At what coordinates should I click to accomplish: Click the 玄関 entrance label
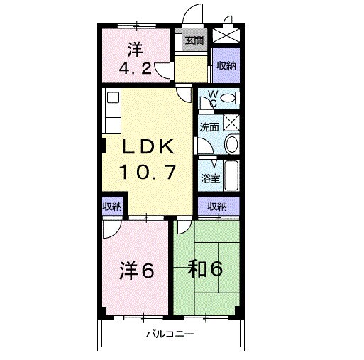[x=194, y=40]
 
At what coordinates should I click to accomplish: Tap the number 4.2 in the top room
[x=135, y=70]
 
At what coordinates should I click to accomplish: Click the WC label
[x=211, y=100]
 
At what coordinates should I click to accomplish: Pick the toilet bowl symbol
[x=227, y=99]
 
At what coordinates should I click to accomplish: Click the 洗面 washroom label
[x=209, y=128]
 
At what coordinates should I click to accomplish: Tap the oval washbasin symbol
[x=231, y=144]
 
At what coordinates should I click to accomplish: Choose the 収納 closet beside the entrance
[x=226, y=66]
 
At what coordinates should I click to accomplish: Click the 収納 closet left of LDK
[x=111, y=207]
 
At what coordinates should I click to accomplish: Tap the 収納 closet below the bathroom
[x=217, y=207]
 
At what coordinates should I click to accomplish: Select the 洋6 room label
[x=136, y=271]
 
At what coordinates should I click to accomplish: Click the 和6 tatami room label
[x=206, y=269]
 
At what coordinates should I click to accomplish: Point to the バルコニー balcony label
[x=170, y=333]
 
